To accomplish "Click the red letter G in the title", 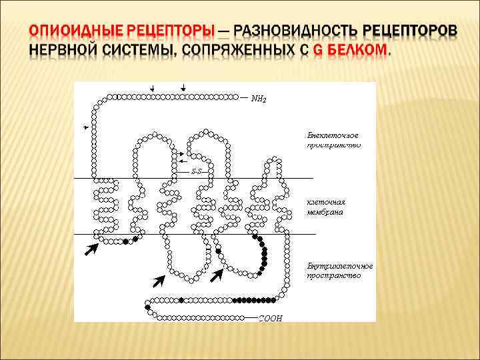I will tap(317, 51).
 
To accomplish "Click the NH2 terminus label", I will tap(259, 100).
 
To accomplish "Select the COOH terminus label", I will tap(270, 318).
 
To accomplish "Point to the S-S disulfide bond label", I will tap(197, 171).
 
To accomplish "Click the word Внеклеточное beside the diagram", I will tap(333, 135).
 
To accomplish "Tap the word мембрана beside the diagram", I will tap(325, 212).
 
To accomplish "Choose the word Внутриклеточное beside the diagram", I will tap(340, 265).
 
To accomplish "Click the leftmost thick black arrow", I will tap(91, 249).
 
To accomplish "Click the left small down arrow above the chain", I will tap(153, 88).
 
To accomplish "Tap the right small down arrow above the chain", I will tap(183, 88).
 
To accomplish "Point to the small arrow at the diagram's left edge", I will tap(85, 126).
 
